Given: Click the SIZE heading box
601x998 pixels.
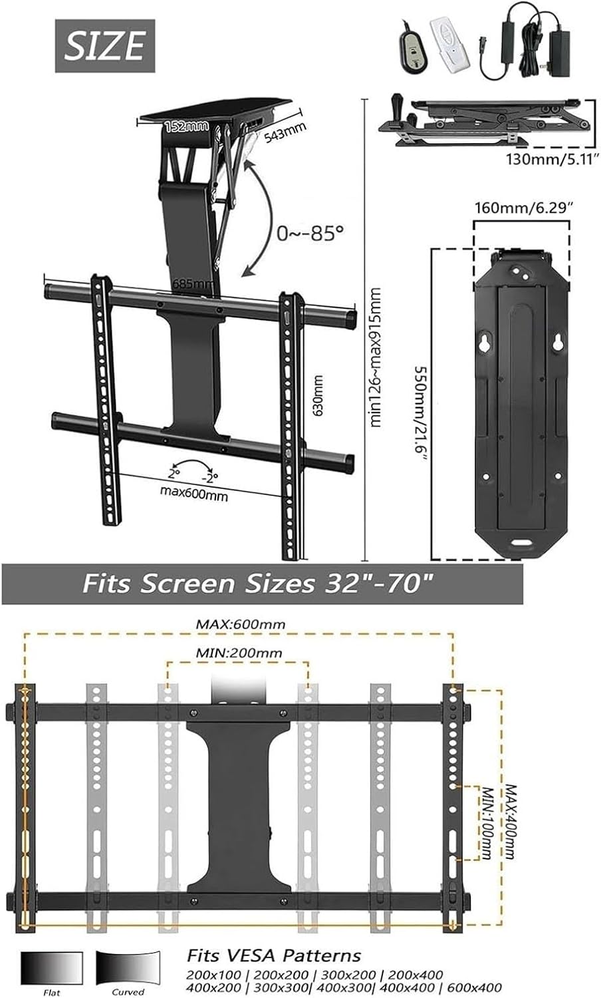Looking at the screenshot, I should coord(104,46).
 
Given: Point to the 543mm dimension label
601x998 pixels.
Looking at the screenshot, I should coord(285,132).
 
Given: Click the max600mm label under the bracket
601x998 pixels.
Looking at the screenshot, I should coord(193,495).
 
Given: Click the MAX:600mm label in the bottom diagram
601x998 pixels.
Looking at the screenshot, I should coord(240,624).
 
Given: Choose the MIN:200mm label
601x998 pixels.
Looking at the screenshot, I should coord(238,653).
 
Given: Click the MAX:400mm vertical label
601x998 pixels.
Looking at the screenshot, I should coord(509,820).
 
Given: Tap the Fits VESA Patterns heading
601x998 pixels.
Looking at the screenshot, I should coord(273,956).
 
